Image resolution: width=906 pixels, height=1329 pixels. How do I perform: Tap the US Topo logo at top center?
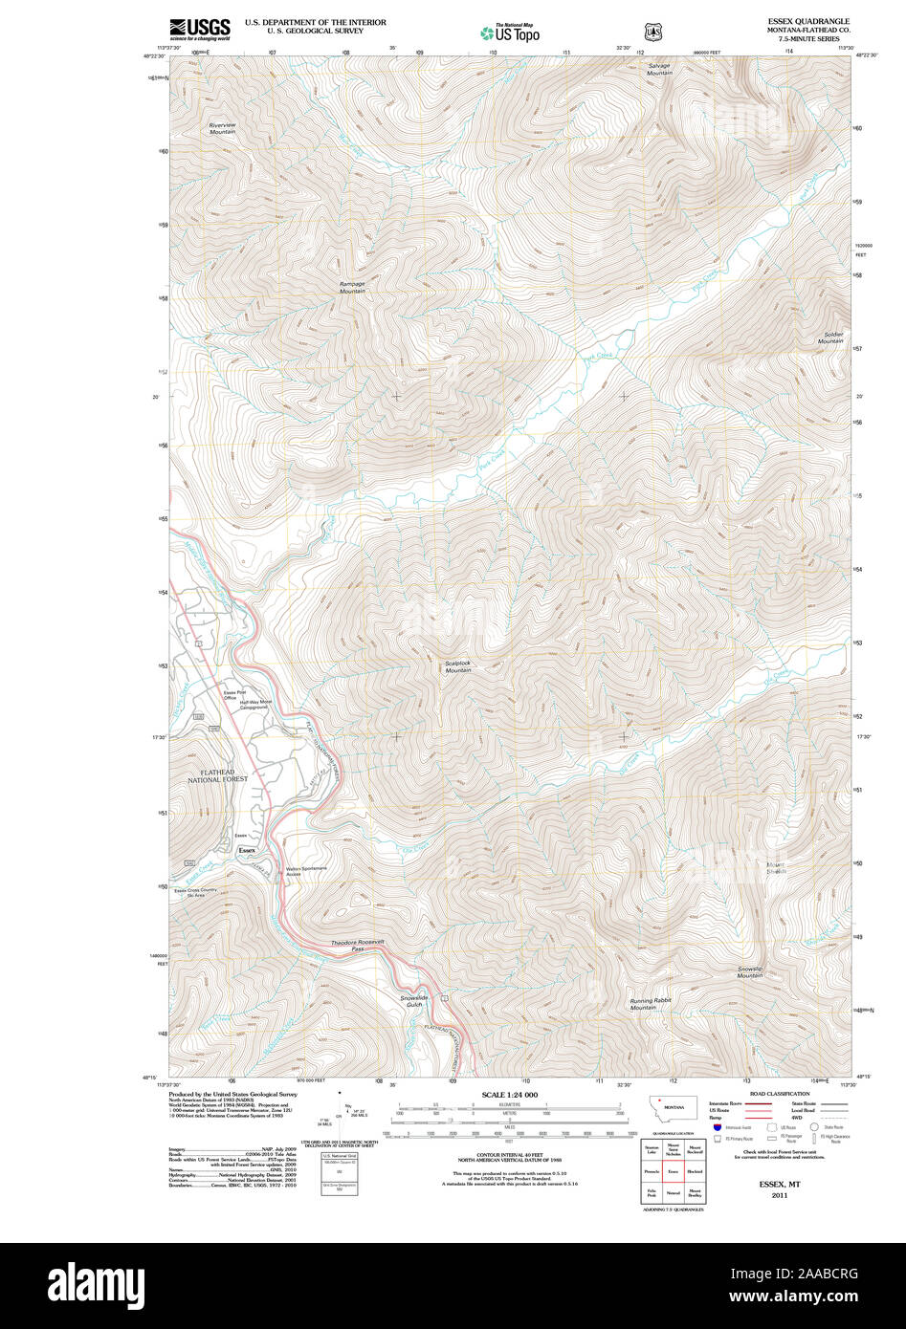click(x=510, y=33)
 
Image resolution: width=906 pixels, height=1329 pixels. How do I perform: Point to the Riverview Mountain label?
click(x=222, y=128)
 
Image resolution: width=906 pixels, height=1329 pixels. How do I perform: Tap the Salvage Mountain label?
click(x=659, y=70)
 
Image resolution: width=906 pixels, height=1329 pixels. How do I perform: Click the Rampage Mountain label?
click(x=352, y=287)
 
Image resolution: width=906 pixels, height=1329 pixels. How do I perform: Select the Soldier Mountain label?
click(x=829, y=338)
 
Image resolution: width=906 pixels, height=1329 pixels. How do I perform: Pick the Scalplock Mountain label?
click(x=457, y=666)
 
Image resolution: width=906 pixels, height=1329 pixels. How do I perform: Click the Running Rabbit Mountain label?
click(x=650, y=1004)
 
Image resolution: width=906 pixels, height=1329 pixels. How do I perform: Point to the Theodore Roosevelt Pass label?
click(x=357, y=945)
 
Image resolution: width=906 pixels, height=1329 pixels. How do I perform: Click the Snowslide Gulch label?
click(x=411, y=1000)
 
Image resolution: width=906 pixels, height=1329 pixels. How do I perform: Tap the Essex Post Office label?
click(x=230, y=695)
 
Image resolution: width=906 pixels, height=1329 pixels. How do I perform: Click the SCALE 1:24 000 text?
click(x=509, y=1095)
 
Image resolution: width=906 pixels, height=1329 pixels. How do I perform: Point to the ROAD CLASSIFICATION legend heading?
click(x=780, y=1094)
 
